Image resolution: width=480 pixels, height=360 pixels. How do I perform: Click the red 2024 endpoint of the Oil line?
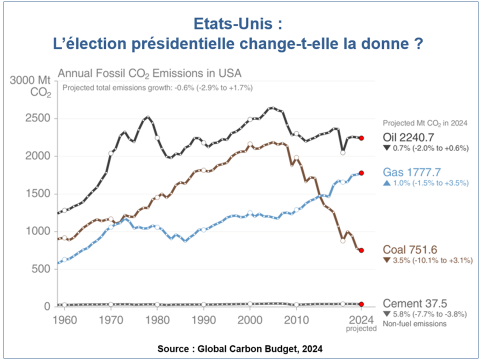point(361,138)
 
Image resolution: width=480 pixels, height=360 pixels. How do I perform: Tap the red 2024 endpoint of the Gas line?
point(361,173)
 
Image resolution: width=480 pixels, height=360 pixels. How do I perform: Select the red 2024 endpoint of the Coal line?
point(361,250)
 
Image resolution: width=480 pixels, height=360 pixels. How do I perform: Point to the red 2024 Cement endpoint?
point(361,304)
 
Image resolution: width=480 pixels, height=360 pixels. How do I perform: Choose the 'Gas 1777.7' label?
point(411,172)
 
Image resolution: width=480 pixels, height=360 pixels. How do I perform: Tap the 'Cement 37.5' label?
point(414,303)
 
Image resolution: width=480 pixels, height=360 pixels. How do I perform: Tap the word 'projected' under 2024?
point(361,328)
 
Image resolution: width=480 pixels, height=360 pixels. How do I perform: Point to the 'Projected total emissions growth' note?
point(157,87)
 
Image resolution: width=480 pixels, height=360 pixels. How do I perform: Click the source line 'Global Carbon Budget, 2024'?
point(260,348)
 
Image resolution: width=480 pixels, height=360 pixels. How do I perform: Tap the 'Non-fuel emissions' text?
point(414,323)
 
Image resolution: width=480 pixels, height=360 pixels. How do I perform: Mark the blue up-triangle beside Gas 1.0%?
point(387,183)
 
